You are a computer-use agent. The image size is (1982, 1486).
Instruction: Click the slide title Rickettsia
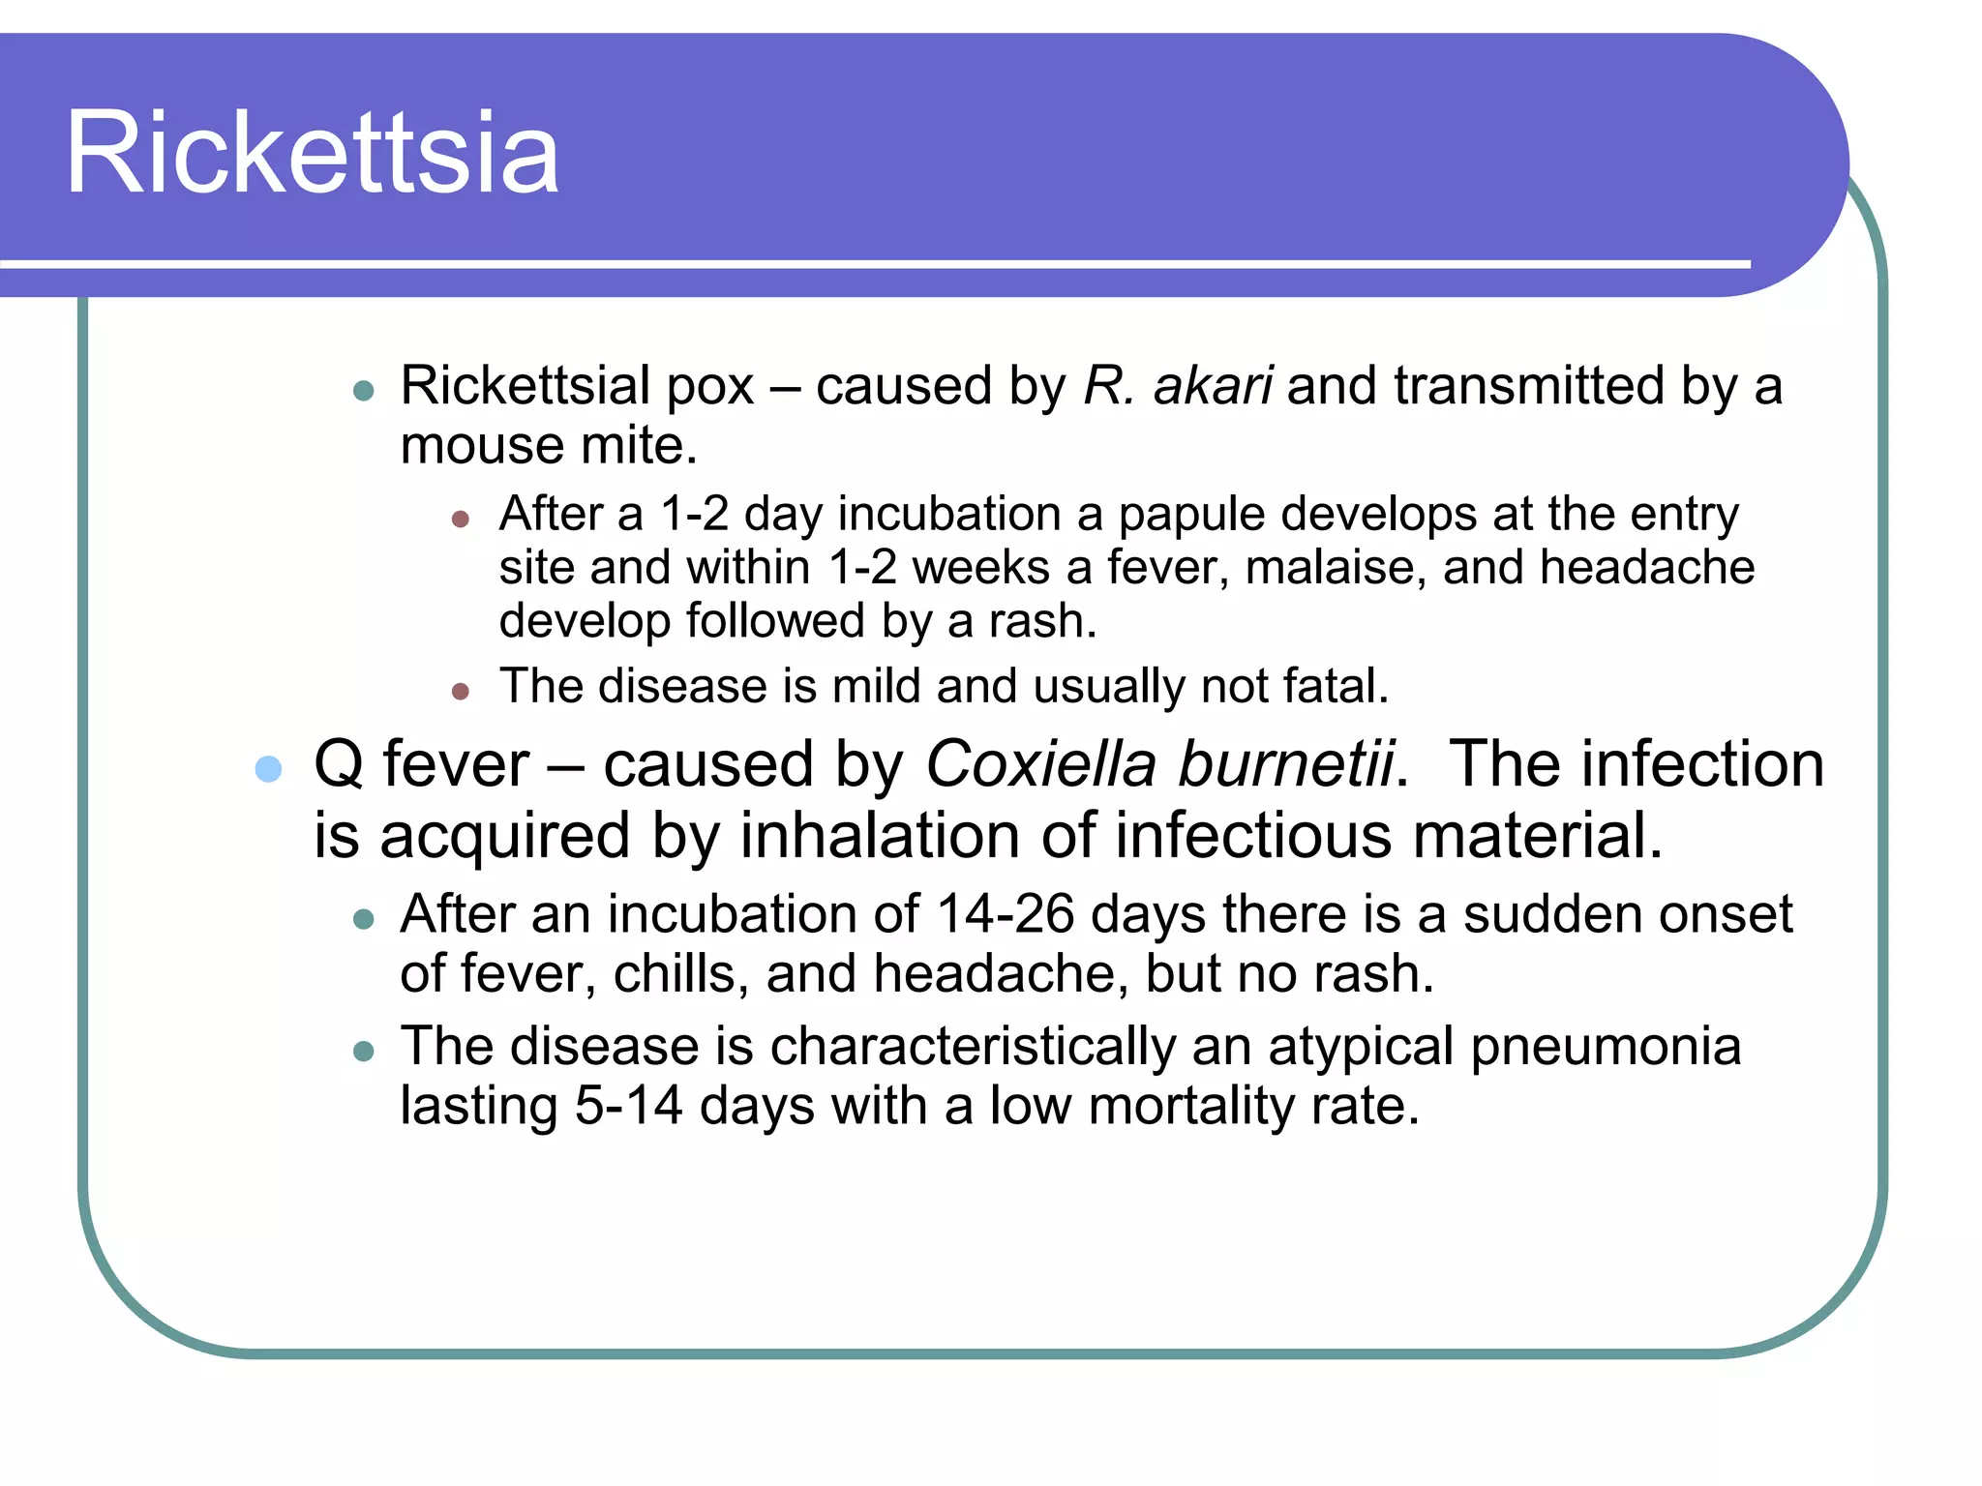click(312, 153)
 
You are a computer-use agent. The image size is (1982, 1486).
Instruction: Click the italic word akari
click(1213, 386)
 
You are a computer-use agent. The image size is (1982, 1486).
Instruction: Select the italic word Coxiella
click(1040, 764)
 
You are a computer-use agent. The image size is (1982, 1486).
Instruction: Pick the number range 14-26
click(1006, 914)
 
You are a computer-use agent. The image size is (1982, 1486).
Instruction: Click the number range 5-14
click(628, 1106)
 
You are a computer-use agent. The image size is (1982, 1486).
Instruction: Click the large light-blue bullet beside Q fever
click(268, 769)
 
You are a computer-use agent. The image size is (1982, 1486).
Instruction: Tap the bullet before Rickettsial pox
click(364, 391)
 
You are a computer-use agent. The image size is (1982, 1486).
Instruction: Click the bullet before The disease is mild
click(461, 691)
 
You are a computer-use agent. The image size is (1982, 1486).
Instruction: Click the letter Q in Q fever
click(339, 765)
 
